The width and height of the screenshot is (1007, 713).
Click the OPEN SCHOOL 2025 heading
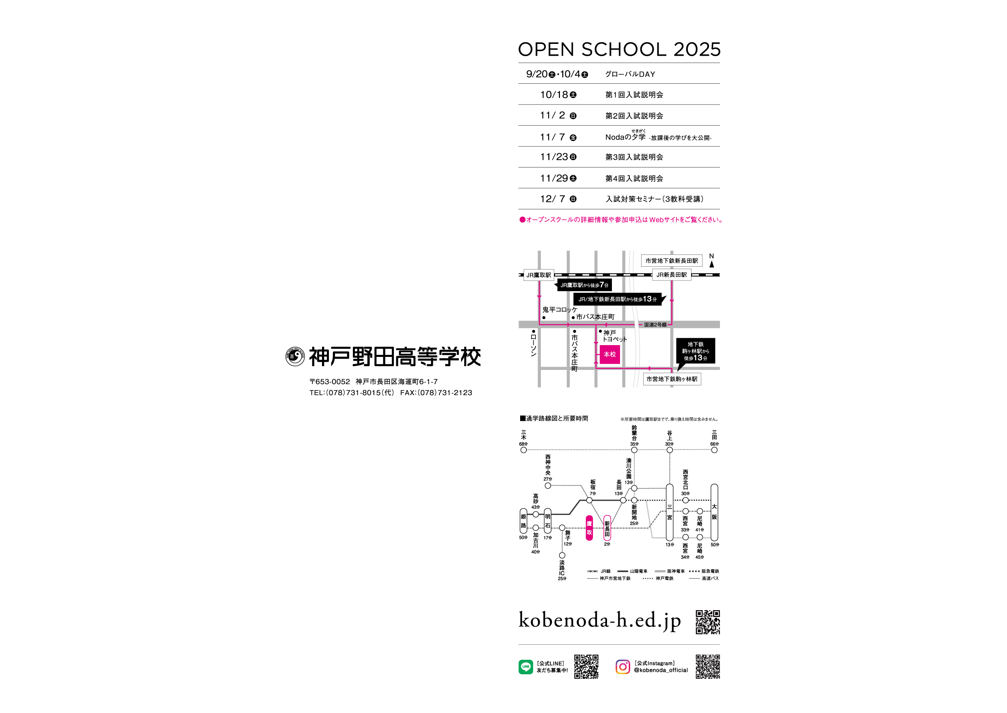coord(619,50)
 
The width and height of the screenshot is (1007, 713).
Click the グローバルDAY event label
coord(630,74)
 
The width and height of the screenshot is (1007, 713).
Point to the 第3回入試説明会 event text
coord(634,157)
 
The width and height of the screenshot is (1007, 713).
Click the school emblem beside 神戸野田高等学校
coord(295,356)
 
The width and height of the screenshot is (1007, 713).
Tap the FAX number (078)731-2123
coord(445,393)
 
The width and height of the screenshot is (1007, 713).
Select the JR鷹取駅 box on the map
coord(538,275)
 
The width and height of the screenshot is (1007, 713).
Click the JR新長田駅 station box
coord(671,275)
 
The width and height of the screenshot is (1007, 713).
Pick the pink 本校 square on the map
coord(609,354)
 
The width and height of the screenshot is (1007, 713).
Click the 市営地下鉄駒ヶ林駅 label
coord(672,379)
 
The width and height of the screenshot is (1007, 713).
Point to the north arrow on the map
coord(711,263)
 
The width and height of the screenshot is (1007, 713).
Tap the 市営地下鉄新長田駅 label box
coord(671,261)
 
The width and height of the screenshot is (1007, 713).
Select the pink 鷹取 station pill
coord(589,528)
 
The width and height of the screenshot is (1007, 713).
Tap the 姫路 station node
coord(523,521)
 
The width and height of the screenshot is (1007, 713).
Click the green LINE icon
coord(525,667)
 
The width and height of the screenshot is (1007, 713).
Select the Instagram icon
coord(622,667)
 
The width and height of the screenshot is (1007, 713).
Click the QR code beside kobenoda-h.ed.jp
coord(707,622)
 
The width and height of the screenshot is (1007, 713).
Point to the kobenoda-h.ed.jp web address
coord(600,620)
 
